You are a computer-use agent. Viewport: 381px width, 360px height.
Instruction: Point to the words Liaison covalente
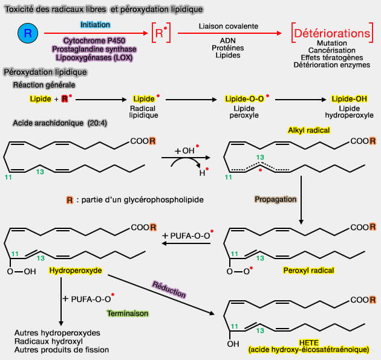(229, 27)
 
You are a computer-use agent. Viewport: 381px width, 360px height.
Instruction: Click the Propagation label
(276, 199)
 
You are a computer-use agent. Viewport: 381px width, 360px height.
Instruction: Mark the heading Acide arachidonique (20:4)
(50, 123)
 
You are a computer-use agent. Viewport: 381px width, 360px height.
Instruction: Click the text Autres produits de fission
(61, 349)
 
